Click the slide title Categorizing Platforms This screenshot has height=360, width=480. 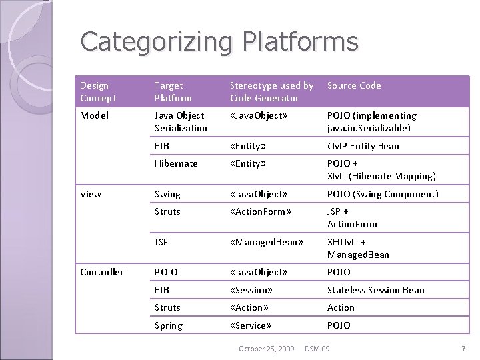[219, 42]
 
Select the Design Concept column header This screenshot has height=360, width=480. [98, 91]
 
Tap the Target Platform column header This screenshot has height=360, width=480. [173, 91]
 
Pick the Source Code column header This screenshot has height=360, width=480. [354, 85]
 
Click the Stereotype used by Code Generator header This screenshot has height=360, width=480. [271, 91]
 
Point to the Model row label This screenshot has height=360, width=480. [94, 115]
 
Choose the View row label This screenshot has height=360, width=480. [91, 194]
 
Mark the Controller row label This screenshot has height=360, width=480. [101, 272]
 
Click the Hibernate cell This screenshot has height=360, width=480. [176, 163]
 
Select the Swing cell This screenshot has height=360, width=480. [167, 194]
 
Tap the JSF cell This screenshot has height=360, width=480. [161, 242]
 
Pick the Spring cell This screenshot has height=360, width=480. [168, 325]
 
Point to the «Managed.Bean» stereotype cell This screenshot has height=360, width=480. [266, 242]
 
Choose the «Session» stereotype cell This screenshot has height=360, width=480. [251, 290]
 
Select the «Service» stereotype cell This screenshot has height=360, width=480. [250, 325]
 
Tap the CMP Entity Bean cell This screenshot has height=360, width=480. [363, 146]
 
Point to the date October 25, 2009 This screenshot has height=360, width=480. [266, 349]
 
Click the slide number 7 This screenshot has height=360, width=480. [463, 349]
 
